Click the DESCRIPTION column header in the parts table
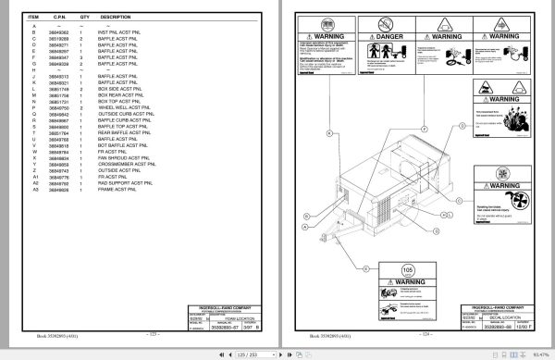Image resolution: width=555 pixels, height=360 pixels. click(116, 17)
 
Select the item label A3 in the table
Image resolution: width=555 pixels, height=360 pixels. click(35, 190)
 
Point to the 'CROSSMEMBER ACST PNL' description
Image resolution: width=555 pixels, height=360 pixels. click(126, 165)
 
